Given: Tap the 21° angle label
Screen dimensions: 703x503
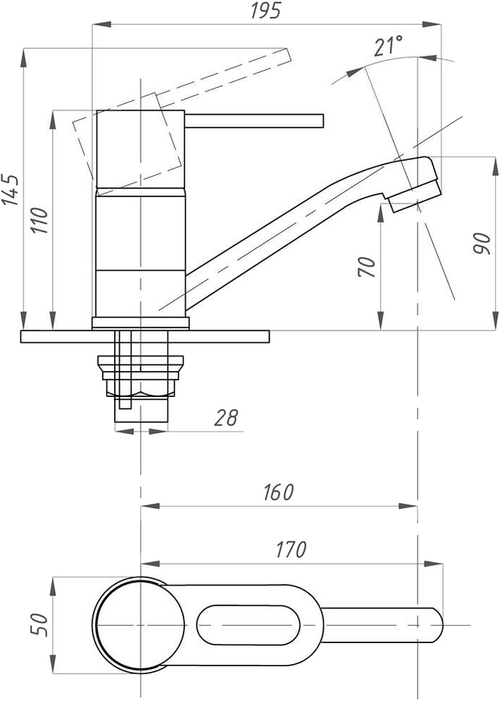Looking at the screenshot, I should coord(388,47).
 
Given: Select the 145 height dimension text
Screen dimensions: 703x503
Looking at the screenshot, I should coord(10,190).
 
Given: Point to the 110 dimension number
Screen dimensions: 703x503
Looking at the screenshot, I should coord(40,220).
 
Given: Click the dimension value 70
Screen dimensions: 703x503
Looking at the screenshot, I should coord(366,266).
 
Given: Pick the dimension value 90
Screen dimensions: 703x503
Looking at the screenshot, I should coord(481,243).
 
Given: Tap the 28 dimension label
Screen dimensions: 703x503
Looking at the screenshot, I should coord(225,418).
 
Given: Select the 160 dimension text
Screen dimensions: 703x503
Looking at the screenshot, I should coord(278,492).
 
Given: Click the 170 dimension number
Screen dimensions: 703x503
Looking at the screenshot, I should coord(291,549).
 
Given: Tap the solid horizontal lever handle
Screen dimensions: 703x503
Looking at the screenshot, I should coord(253,120).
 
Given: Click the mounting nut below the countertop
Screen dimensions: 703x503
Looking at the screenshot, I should coord(142,376).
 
